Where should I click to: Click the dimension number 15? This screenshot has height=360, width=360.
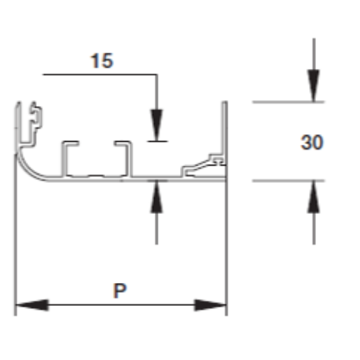click(x=102, y=60)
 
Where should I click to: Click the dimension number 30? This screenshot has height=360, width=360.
click(x=312, y=143)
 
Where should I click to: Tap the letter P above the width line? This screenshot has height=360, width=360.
click(x=120, y=291)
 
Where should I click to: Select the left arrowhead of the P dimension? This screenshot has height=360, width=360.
click(x=32, y=305)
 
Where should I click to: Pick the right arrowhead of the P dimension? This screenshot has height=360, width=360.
click(x=210, y=305)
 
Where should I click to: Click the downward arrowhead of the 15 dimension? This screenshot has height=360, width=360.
click(x=157, y=125)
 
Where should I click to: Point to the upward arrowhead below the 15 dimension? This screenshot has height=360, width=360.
click(x=156, y=197)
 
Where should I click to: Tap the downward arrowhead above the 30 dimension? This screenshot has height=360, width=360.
click(x=314, y=86)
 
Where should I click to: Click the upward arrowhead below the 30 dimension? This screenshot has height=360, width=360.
click(x=314, y=197)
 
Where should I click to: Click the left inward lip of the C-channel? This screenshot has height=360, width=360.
click(x=71, y=143)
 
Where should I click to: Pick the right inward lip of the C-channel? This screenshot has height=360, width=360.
click(x=122, y=143)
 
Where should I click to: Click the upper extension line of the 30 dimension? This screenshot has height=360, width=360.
click(x=288, y=102)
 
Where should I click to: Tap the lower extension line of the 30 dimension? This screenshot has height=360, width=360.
click(x=288, y=181)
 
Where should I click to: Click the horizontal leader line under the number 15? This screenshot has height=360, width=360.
click(x=100, y=75)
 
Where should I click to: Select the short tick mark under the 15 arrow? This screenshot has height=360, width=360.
click(x=158, y=141)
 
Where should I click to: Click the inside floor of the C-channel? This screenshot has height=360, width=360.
click(x=96, y=176)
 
